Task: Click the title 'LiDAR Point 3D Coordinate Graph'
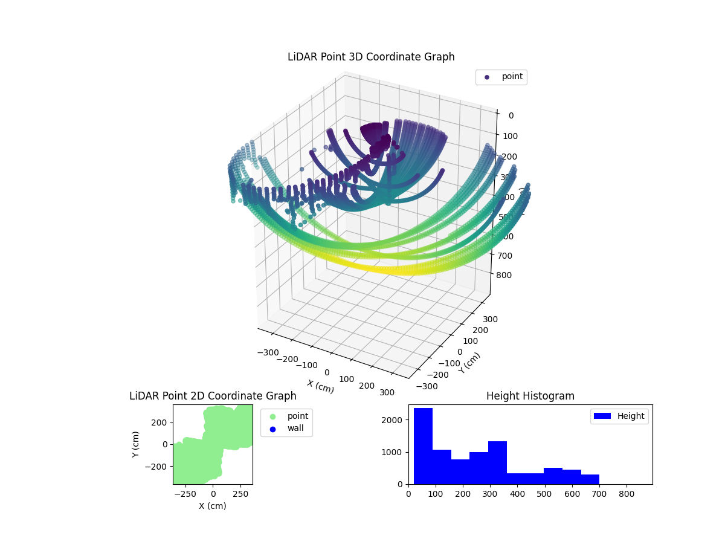371,57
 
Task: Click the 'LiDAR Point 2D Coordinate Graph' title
213,396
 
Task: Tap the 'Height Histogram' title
530,396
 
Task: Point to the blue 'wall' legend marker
272,429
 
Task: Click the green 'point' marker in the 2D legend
272,416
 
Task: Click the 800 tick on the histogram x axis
627,494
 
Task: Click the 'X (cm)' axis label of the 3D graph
320,386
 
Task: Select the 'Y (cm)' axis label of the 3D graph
469,362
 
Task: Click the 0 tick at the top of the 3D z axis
511,116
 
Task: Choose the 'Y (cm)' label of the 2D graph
137,444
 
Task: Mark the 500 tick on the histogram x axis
545,494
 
